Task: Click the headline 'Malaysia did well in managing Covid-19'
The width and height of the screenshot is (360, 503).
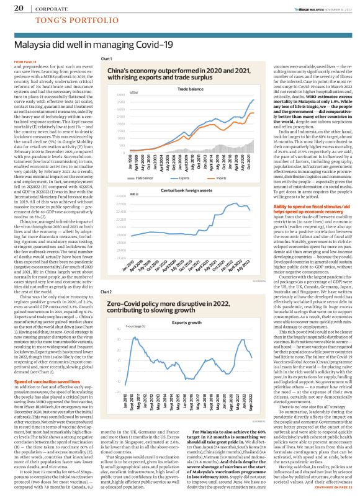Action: click(x=94, y=45)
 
